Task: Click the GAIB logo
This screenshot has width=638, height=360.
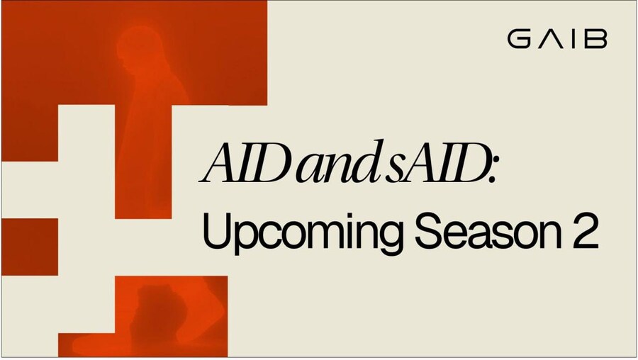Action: (x=557, y=39)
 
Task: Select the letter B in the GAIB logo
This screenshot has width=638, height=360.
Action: (x=596, y=39)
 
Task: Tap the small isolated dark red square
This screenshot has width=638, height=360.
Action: (x=30, y=247)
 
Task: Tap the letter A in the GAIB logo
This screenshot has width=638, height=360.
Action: (x=552, y=39)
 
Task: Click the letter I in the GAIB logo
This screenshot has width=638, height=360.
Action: (x=574, y=39)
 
